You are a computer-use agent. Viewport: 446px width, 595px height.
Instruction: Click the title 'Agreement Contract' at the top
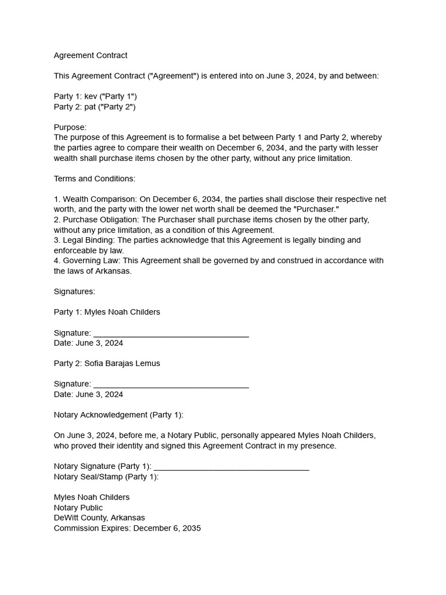pyautogui.click(x=91, y=55)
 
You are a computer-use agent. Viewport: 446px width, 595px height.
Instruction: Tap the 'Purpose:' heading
pyautogui.click(x=70, y=127)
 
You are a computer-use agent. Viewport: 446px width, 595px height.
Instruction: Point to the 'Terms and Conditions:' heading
pyautogui.click(x=95, y=178)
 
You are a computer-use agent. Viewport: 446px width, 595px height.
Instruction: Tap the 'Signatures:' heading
pyautogui.click(x=74, y=292)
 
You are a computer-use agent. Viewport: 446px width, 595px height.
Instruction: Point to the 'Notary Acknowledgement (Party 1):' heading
pyautogui.click(x=118, y=415)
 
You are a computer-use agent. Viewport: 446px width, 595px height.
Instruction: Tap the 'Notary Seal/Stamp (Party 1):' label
pyautogui.click(x=106, y=477)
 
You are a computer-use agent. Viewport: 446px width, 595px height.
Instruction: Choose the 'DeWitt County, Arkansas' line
pyautogui.click(x=99, y=518)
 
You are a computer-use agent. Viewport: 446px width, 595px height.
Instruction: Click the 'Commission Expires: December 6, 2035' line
pyautogui.click(x=127, y=529)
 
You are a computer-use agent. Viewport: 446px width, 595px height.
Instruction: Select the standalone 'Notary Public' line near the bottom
pyautogui.click(x=78, y=508)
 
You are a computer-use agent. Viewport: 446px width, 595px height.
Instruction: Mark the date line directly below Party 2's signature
pyautogui.click(x=88, y=395)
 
